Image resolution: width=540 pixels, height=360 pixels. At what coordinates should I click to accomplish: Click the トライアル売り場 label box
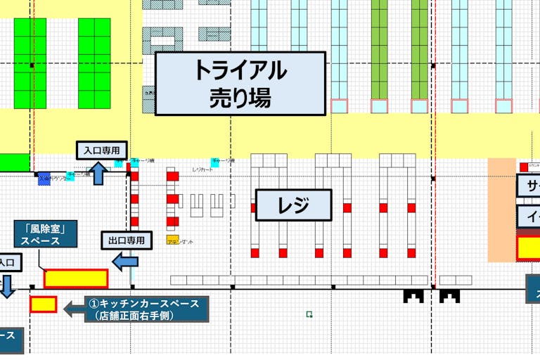coord(240,83)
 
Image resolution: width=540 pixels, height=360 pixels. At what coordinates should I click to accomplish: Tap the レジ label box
coord(293,205)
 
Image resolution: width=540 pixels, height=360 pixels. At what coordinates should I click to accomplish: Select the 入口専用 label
coord(102,150)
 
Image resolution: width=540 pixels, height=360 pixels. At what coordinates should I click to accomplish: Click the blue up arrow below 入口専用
coord(98,173)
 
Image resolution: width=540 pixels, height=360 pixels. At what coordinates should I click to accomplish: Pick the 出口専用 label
coord(127,240)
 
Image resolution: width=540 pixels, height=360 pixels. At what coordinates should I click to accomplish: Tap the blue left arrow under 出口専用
coord(126,262)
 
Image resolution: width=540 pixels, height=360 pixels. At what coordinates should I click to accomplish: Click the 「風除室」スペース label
coord(45,234)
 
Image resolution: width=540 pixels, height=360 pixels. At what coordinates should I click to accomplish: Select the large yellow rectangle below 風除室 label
coord(76,278)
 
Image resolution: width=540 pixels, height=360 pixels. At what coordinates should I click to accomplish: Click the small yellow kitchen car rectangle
coord(43,304)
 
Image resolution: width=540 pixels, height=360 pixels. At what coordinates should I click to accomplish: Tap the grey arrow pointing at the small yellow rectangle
coord(75,309)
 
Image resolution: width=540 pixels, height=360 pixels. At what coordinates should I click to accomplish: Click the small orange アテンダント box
coord(172,240)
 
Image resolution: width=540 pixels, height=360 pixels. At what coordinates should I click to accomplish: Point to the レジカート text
coord(202,170)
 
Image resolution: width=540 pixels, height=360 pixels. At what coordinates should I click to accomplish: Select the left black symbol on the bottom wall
coord(413,296)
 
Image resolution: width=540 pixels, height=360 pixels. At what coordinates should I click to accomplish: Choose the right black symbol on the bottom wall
coord(449,296)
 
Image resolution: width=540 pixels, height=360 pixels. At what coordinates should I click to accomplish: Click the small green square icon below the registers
coord(309,314)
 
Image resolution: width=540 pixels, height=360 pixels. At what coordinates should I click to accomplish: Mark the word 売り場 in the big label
coord(240,97)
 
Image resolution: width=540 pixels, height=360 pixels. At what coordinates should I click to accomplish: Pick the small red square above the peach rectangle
coord(523,167)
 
